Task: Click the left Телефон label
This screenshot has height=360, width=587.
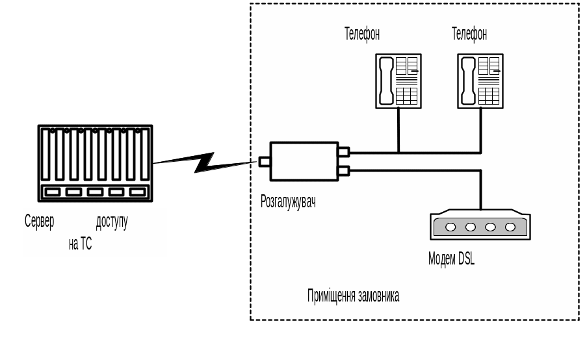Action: pyautogui.click(x=362, y=34)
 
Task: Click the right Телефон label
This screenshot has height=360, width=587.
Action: pyautogui.click(x=469, y=34)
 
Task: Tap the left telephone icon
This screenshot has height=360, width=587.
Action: pyautogui.click(x=398, y=81)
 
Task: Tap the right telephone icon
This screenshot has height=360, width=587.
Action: pyautogui.click(x=480, y=81)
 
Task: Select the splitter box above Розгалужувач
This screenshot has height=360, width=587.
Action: pyautogui.click(x=304, y=161)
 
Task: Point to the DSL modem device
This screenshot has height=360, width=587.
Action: pyautogui.click(x=480, y=225)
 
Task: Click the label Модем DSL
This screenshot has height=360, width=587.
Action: pyautogui.click(x=451, y=259)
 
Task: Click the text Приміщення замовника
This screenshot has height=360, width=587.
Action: pyautogui.click(x=353, y=296)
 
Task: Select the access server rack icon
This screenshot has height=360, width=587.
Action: pyautogui.click(x=96, y=163)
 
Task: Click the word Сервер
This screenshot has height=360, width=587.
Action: pyautogui.click(x=40, y=222)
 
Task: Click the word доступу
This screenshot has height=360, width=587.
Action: pyautogui.click(x=112, y=222)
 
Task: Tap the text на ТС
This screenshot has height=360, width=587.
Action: pyautogui.click(x=80, y=244)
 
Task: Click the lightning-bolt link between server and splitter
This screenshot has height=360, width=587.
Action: pyautogui.click(x=204, y=162)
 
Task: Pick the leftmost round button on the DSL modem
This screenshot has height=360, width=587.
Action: pyautogui.click(x=450, y=227)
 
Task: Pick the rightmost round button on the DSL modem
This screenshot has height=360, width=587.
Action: pyautogui.click(x=510, y=227)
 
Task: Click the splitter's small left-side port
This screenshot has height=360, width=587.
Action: pyautogui.click(x=265, y=161)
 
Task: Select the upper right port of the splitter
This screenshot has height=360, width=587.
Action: pyautogui.click(x=344, y=152)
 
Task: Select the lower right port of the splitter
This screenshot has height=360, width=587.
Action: pyautogui.click(x=344, y=171)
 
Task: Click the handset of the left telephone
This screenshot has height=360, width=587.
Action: pyautogui.click(x=386, y=81)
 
